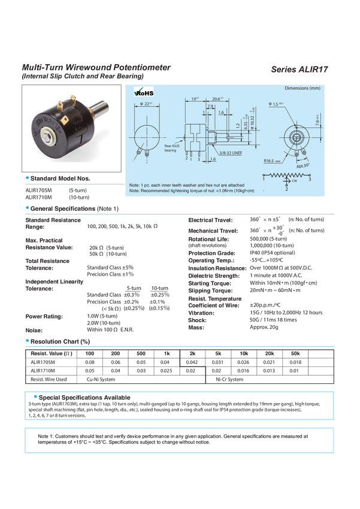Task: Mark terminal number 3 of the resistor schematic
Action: [x=310, y=179]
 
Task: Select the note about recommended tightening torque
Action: [x=193, y=191]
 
